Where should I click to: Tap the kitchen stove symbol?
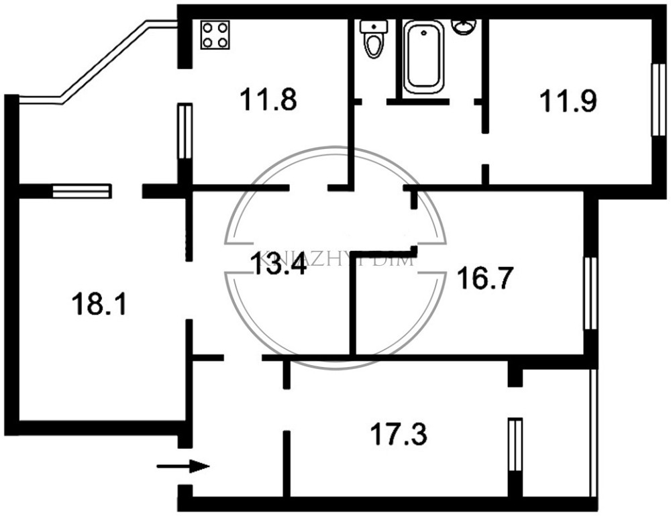pos(215,34)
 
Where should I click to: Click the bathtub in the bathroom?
pos(423,57)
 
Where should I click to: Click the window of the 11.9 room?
pos(657,101)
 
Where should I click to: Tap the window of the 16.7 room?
pos(590,293)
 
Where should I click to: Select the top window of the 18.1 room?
pos(81,191)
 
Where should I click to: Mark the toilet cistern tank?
pos(372,26)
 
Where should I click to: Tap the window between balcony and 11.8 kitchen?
pos(185,131)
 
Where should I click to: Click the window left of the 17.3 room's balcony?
pos(515,445)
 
